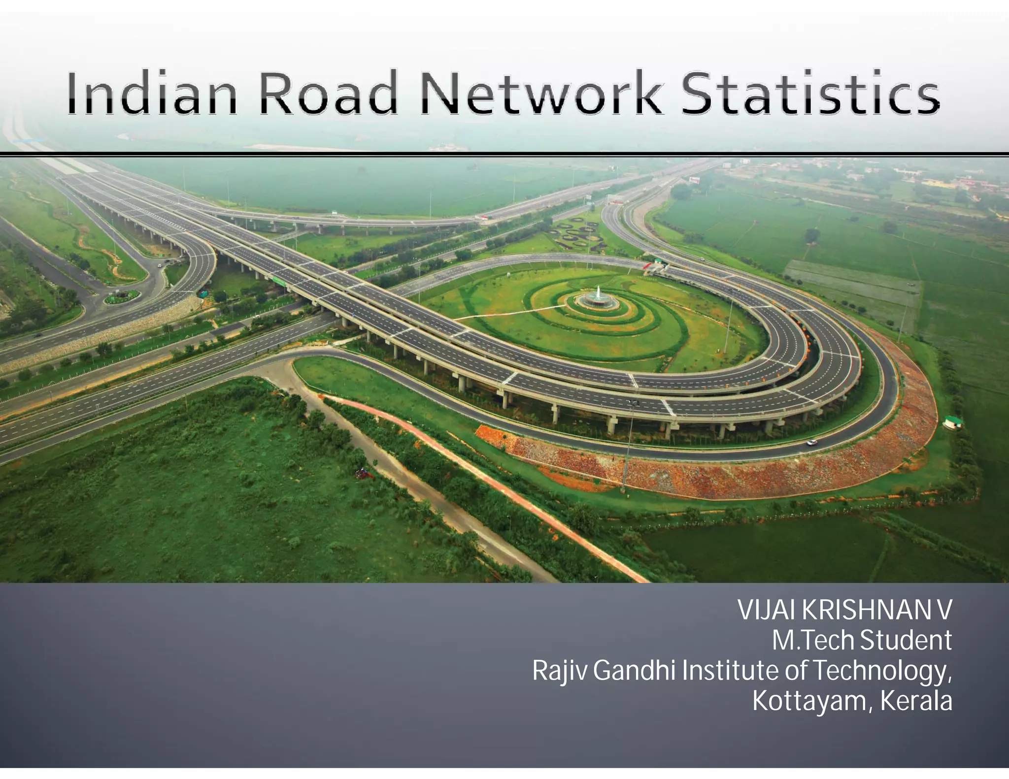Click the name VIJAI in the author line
click(x=767, y=611)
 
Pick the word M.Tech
click(x=812, y=640)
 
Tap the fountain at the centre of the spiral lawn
click(x=597, y=296)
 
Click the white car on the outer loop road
click(x=811, y=442)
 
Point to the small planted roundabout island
click(x=121, y=297)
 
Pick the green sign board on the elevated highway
click(x=279, y=281)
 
